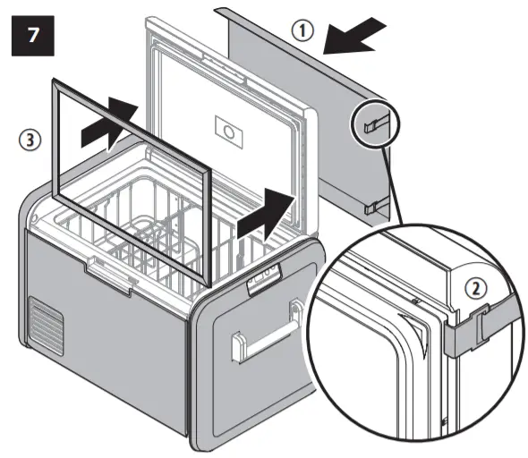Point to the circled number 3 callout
click(x=30, y=140)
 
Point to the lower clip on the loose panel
click(x=375, y=208)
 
